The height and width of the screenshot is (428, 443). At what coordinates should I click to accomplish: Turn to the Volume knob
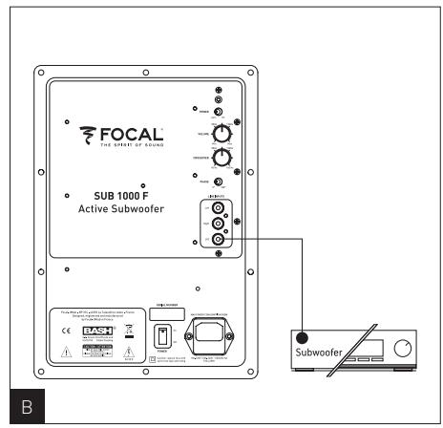[x=222, y=133]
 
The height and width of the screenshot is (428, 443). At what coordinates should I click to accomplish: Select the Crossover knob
[x=222, y=158]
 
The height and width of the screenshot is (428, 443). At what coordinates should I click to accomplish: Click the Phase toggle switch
[x=219, y=182]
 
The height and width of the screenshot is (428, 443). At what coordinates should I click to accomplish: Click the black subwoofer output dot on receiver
[x=303, y=335]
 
